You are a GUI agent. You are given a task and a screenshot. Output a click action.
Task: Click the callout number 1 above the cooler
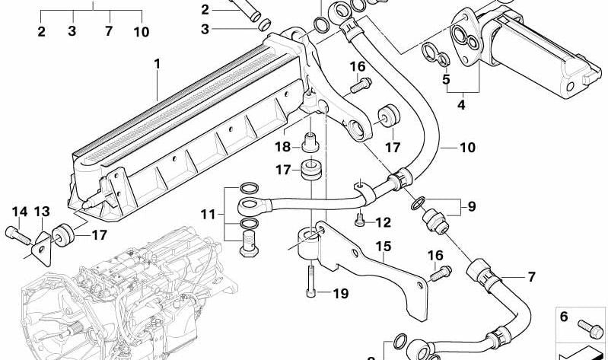pos(158,64)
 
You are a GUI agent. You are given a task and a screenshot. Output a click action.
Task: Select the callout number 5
pos(446,78)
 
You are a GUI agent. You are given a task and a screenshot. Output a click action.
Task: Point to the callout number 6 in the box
pos(564,316)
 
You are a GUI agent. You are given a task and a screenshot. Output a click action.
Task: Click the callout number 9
pos(471,207)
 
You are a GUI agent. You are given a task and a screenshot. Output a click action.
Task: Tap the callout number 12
pos(383,223)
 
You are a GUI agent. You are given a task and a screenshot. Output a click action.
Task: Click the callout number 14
pos(18,211)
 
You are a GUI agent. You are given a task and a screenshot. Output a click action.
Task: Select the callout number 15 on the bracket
pos(382,246)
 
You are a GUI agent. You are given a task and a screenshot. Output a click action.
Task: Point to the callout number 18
pos(282,147)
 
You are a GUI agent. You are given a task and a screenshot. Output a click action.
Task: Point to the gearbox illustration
pos(114,297)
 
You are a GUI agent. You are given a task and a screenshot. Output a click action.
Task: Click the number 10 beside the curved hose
pos(466,147)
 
